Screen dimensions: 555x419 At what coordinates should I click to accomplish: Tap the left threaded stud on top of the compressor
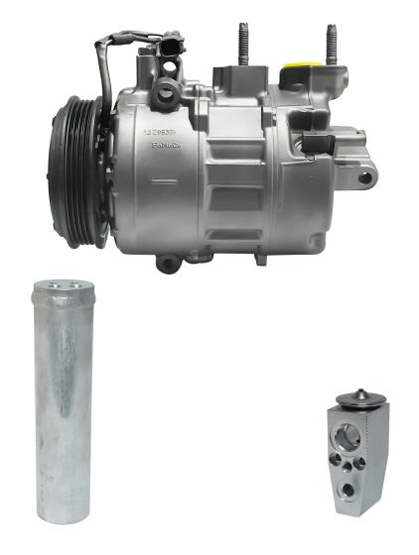coord(241,44)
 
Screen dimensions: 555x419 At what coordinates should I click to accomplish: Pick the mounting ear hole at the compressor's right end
coord(365,178)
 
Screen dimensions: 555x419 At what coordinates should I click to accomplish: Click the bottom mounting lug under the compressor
coord(169,264)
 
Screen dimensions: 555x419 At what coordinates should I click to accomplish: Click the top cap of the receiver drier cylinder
coord(64,288)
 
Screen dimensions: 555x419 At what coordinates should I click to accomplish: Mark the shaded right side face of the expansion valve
coord(380,455)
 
